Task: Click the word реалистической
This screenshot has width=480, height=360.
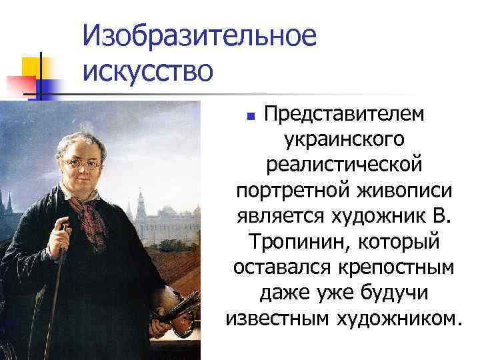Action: click(x=343, y=164)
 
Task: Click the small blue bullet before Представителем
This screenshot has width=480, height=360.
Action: click(x=251, y=116)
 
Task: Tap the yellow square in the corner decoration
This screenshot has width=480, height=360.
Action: click(x=31, y=66)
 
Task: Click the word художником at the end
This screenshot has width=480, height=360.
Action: click(x=409, y=317)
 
